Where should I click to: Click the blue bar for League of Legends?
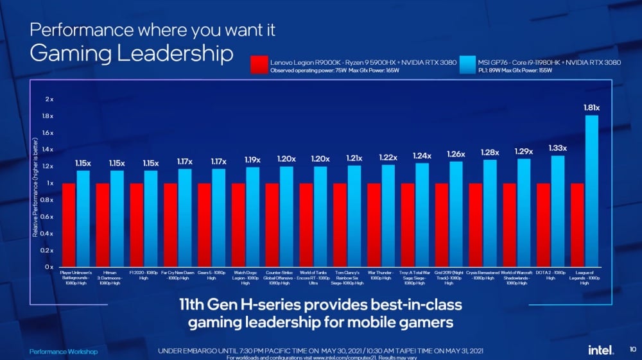click(591, 191)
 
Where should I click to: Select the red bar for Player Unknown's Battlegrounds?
click(69, 225)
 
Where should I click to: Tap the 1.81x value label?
click(591, 108)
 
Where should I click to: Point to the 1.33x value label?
click(557, 148)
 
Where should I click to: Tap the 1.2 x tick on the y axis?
click(49, 166)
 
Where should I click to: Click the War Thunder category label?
click(381, 275)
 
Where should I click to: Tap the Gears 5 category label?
click(211, 275)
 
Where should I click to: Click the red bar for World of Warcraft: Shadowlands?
click(510, 225)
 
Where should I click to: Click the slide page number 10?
click(632, 350)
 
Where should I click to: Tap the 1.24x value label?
click(422, 156)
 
